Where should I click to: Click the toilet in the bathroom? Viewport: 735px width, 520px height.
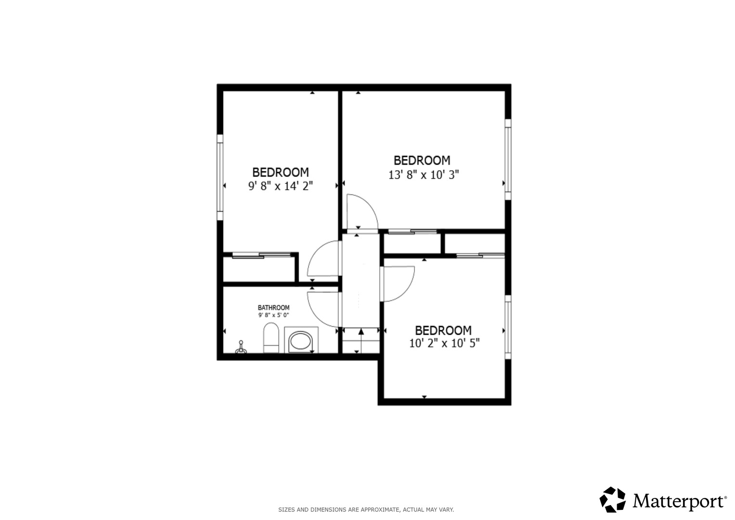coord(271,338)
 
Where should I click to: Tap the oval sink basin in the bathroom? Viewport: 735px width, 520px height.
coord(300,341)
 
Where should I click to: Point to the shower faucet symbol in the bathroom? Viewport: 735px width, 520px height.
coord(241,347)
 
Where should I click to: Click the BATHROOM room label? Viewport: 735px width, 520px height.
coord(274,308)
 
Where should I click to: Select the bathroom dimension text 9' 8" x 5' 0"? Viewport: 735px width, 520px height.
coord(274,315)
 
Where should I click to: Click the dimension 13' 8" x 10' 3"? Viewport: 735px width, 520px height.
coord(424,175)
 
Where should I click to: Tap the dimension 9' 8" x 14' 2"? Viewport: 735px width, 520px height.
coord(281,186)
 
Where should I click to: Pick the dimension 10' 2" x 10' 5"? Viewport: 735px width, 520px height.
coord(444,343)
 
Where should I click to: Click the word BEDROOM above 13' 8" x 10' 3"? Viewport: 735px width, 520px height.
coord(422,160)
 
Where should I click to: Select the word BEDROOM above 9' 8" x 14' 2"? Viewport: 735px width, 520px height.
coord(281,172)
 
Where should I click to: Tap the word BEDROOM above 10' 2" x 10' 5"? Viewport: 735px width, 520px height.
coord(443,330)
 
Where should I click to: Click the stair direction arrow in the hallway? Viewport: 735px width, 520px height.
coord(361,340)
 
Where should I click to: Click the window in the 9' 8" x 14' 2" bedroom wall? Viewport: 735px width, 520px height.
coord(220,177)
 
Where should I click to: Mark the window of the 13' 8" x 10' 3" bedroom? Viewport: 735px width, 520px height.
coord(508,159)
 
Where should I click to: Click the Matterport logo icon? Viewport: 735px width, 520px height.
coord(612,500)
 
